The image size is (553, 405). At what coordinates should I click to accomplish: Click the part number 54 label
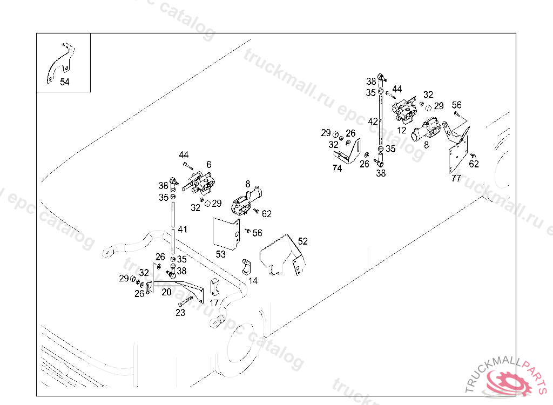pos(65,82)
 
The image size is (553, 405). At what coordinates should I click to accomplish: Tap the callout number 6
pos(208,165)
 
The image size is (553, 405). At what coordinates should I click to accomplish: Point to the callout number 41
pos(183,230)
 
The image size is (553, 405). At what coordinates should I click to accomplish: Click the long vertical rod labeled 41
pos(173,227)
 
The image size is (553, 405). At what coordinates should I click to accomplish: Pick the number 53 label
pos(220,254)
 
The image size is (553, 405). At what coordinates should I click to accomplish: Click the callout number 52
pos(303,241)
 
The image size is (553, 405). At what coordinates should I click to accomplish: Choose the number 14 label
pos(253,281)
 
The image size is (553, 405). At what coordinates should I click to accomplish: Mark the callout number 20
pos(166,292)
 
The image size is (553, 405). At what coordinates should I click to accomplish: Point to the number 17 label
pos(214,303)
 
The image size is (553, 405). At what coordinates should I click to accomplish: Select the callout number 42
pos(373,122)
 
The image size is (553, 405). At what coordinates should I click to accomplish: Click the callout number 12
pos(401,130)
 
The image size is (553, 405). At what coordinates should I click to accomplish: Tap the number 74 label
pos(337,168)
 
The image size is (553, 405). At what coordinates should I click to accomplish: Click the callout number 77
pos(456,178)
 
